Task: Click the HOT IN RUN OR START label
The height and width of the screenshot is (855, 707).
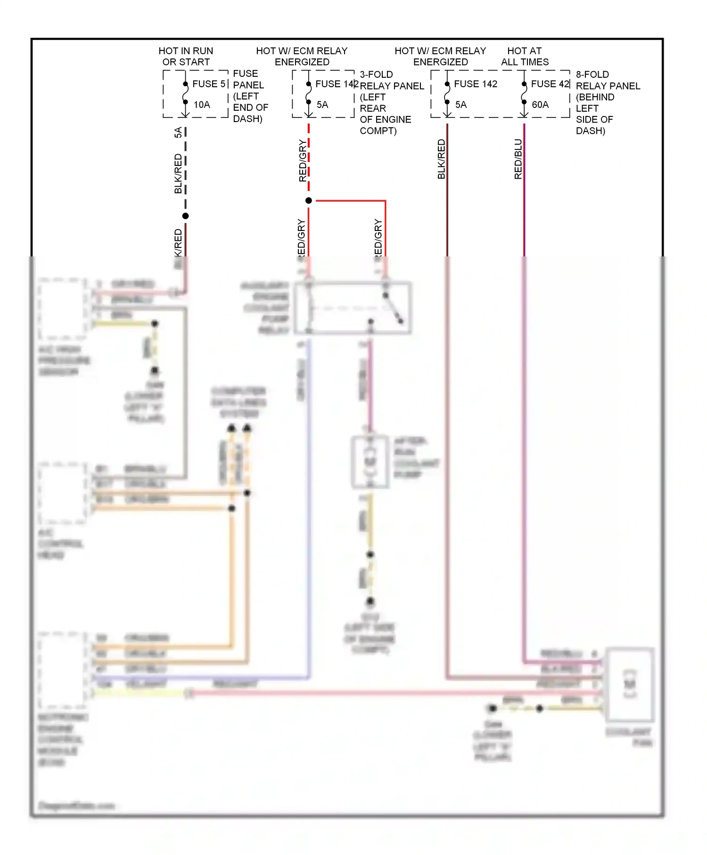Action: pos(186,56)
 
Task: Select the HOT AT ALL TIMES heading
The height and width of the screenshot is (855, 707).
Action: pos(525,56)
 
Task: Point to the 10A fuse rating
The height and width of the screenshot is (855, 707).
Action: pos(202,105)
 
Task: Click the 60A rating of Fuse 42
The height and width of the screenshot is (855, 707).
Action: pos(540,105)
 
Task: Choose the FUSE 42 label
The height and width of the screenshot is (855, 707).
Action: pos(550,84)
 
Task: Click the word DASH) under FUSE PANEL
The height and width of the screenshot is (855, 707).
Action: pos(247,119)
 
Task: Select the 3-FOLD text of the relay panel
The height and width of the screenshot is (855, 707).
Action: pos(376,74)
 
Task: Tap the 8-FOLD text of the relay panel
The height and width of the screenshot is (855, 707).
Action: pos(592,74)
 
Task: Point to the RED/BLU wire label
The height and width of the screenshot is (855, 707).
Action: pos(518,159)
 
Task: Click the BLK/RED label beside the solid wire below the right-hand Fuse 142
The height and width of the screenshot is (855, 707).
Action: pos(441,159)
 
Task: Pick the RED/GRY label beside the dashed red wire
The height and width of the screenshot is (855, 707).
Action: pos(303,160)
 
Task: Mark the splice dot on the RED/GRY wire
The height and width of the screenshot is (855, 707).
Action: pos(309,201)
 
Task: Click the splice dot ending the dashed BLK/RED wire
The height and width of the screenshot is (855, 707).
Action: pos(186,216)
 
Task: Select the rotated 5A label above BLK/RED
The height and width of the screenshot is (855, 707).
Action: pos(178,132)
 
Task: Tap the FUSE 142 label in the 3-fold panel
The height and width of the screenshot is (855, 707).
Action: pos(337,84)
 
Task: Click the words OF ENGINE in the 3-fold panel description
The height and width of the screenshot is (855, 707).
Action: pos(385,120)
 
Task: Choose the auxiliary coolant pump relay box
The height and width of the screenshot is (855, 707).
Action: pos(353,308)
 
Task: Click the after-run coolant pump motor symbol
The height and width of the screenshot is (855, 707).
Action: pos(370,461)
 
